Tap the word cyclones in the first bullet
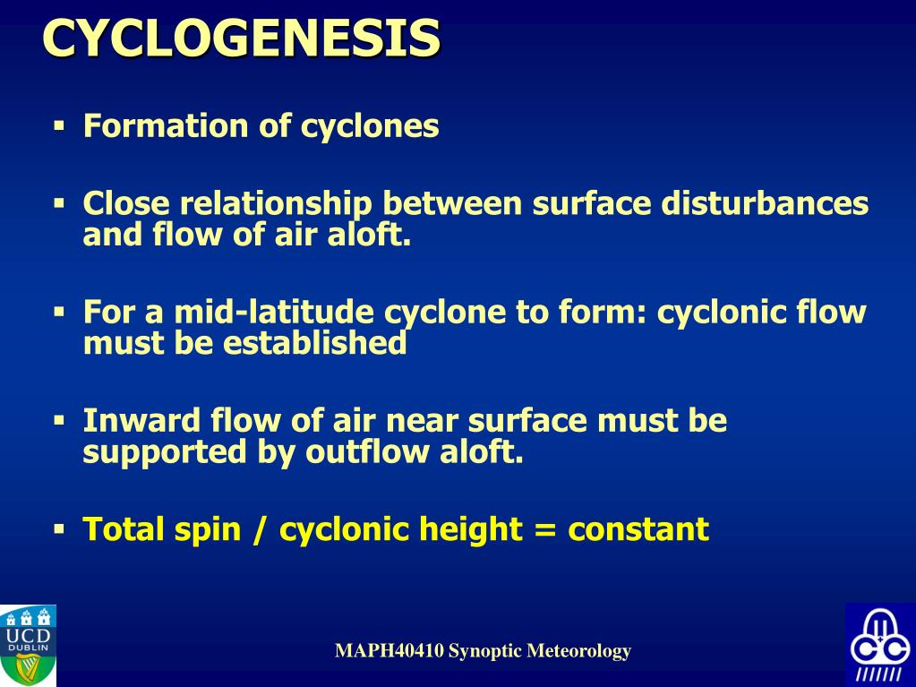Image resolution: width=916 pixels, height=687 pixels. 370,126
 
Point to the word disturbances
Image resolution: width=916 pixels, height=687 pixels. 765,204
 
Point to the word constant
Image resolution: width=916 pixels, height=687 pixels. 638,529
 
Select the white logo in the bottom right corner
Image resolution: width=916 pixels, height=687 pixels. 879,644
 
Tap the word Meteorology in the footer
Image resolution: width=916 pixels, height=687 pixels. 578,651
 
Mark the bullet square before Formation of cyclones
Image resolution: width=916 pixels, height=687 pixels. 60,126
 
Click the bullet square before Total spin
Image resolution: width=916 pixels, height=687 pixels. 60,529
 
